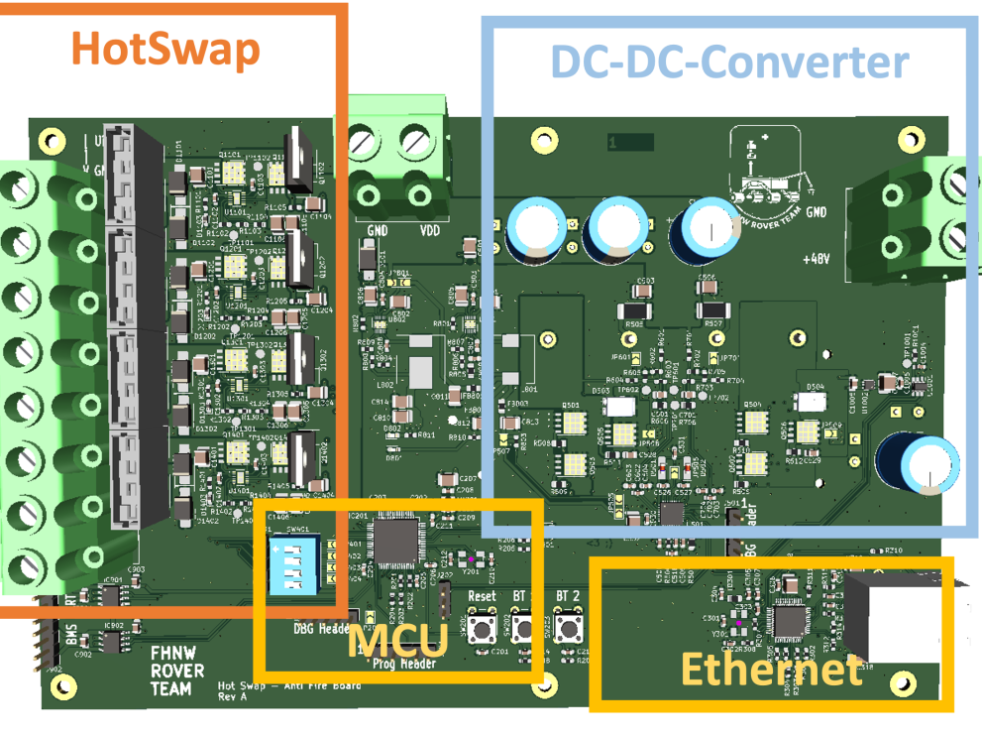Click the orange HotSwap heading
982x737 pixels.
[166, 49]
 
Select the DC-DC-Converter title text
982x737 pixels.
[728, 61]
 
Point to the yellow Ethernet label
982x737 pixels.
[771, 670]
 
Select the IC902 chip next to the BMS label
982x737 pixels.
[109, 642]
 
